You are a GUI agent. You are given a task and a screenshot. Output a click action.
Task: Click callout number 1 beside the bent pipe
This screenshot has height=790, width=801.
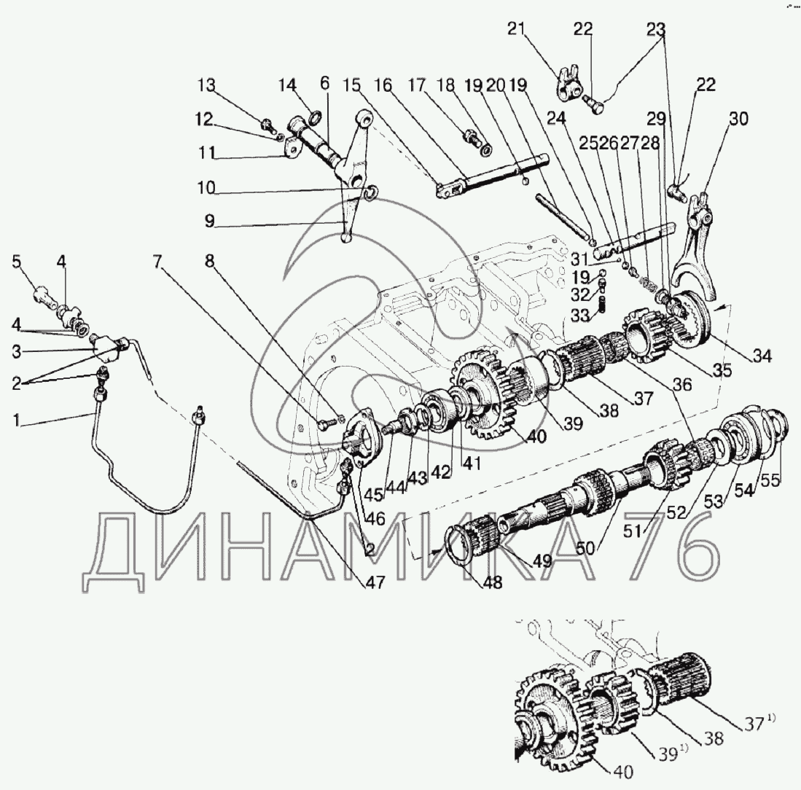click(x=17, y=421)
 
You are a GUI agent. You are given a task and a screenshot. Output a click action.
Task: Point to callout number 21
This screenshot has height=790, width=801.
click(x=516, y=28)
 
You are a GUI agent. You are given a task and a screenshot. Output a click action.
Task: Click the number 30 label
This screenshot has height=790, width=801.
click(x=738, y=119)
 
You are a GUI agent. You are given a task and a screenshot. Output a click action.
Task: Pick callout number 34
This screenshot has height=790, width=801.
click(x=762, y=356)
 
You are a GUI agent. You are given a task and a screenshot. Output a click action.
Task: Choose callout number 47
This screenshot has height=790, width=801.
click(x=375, y=582)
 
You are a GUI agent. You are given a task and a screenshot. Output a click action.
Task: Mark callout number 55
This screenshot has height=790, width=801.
click(x=771, y=480)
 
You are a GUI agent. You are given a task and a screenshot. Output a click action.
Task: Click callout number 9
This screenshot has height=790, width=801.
click(x=209, y=221)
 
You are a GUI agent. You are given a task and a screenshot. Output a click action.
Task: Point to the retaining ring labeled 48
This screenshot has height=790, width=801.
click(x=459, y=546)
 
